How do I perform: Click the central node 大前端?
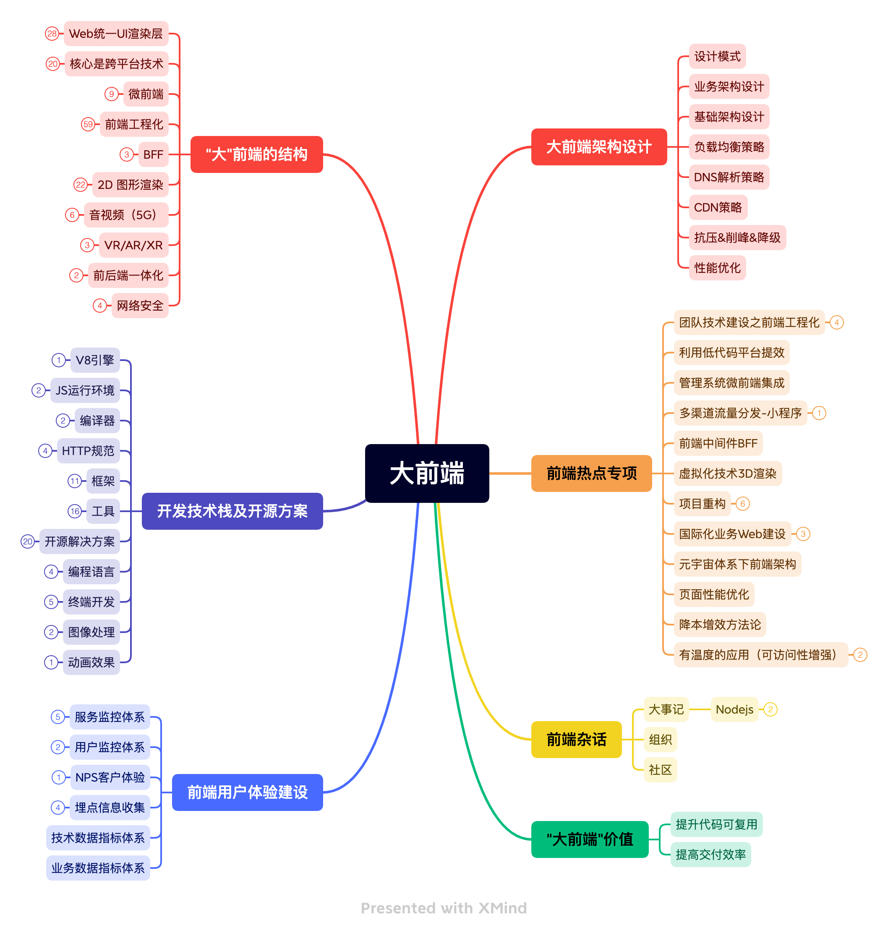point(426,473)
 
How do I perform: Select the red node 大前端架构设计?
point(598,147)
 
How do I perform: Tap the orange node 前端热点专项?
point(591,473)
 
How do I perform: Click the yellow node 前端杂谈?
point(576,739)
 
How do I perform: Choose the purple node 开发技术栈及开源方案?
point(232,511)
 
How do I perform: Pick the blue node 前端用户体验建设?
point(247,792)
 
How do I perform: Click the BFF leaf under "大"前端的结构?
point(153,154)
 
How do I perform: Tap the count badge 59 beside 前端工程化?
point(88,125)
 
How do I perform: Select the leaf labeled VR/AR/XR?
point(133,245)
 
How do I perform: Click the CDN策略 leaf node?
point(718,207)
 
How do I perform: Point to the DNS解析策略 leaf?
point(729,177)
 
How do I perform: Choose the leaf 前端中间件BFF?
point(718,443)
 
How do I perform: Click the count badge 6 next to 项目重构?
point(743,504)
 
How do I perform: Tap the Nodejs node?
point(734,709)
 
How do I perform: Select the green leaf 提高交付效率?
point(710,855)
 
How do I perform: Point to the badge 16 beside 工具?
point(75,511)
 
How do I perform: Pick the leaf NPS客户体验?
point(110,777)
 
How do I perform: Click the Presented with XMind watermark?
point(444,908)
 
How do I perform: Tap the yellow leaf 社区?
point(660,770)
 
